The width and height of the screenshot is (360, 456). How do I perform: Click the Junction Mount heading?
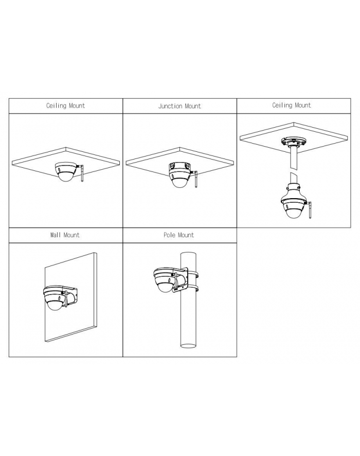pos(179,106)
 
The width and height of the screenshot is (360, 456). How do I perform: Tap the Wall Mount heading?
pos(65,235)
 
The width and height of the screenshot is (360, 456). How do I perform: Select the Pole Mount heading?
pos(178,235)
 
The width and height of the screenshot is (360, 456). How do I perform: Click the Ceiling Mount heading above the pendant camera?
pos(292,106)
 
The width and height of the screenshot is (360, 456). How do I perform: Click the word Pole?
pos(169,235)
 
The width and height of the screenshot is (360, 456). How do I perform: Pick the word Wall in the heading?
pos(56,235)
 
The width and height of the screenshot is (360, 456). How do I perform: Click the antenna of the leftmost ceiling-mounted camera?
pos(82,173)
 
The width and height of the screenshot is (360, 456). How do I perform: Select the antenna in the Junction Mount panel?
pos(195,180)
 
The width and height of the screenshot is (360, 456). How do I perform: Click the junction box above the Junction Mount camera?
pos(179,168)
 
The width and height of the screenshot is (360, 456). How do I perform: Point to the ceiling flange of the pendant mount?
pos(294,143)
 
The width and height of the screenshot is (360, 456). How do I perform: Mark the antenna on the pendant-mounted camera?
pos(310,210)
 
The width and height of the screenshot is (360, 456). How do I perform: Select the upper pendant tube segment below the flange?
pos(294,158)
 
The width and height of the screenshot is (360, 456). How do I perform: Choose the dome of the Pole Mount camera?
pos(165,287)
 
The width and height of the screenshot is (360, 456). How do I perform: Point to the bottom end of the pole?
pos(188,346)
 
